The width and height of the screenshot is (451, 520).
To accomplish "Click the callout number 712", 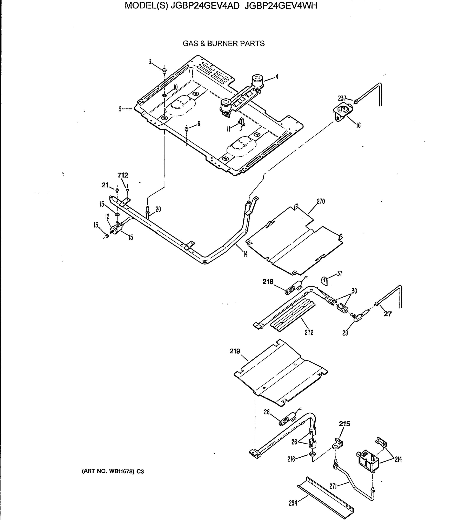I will [x=123, y=175].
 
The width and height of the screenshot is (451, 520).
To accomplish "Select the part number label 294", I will [x=293, y=503].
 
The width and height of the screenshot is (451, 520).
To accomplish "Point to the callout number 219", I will [x=235, y=351].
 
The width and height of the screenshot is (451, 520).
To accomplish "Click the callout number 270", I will [x=321, y=201].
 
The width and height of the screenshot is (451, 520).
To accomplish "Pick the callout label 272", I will [x=309, y=333].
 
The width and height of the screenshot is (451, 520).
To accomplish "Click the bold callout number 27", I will [x=388, y=314].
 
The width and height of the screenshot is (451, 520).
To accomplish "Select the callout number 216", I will [x=291, y=459].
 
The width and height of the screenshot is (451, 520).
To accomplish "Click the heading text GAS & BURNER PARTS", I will [x=224, y=44].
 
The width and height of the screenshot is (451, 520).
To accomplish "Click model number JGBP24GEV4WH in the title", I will [x=281, y=6].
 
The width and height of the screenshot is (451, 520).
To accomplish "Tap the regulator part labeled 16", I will [x=343, y=111].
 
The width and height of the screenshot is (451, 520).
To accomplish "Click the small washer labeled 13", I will [x=107, y=236].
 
